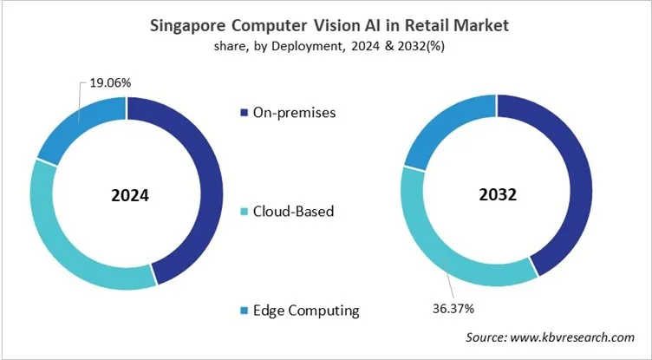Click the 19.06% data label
click(x=110, y=84)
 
